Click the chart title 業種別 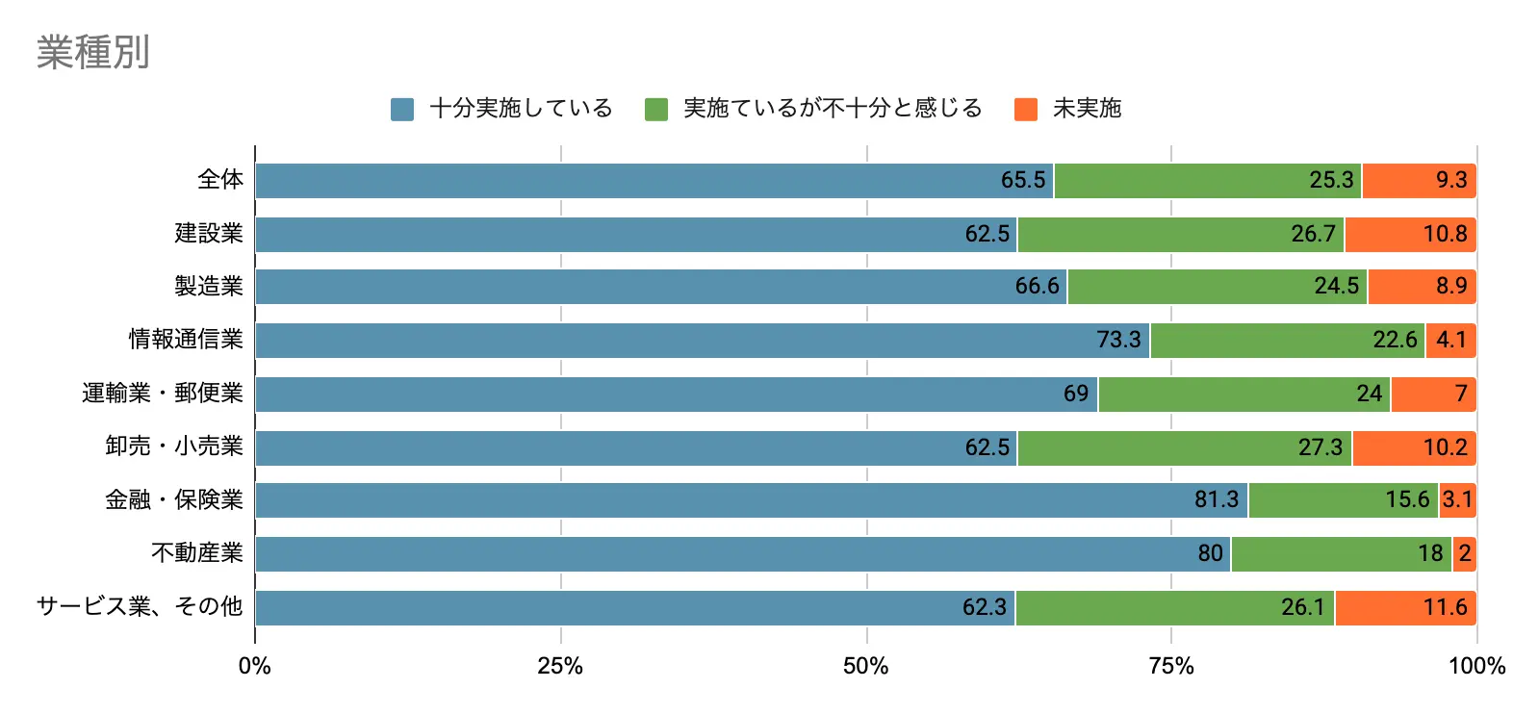point(93,52)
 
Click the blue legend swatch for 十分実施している point(402,110)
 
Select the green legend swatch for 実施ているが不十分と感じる point(656,110)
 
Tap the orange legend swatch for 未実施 point(1026,110)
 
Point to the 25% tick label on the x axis point(560,666)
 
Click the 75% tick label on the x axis point(1171,666)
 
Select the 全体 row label point(220,180)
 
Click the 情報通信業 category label point(186,340)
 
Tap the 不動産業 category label point(197,553)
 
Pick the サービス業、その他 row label point(140,606)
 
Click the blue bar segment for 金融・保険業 point(751,500)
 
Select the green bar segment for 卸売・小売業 point(1184,447)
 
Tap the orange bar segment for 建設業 point(1410,235)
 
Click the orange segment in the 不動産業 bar point(1464,554)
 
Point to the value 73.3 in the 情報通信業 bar point(1118,340)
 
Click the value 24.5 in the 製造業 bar point(1337,287)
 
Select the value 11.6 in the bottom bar point(1446,607)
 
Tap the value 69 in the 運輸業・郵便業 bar point(1076,394)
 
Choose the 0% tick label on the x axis point(255,666)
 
